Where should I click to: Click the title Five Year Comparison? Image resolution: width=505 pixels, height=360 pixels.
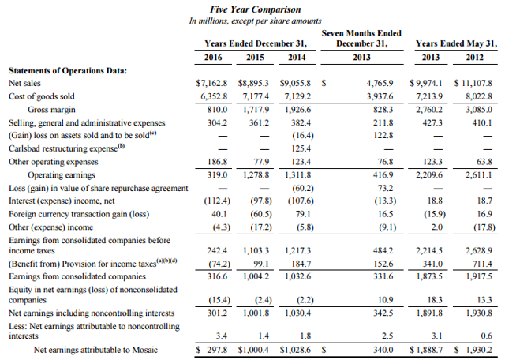point(256,9)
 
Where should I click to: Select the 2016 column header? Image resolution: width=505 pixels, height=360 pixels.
point(213,58)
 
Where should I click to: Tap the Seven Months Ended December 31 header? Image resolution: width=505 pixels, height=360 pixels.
point(361,39)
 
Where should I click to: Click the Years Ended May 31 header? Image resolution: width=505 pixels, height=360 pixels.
point(456,43)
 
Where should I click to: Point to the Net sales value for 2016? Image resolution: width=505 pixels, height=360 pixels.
point(211,83)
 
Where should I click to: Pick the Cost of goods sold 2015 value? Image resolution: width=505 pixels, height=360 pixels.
point(256,96)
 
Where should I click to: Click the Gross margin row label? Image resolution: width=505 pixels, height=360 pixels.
point(51,110)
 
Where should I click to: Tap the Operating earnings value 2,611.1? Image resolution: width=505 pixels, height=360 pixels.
point(479,174)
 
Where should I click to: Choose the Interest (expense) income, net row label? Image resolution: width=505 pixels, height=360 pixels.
point(62,201)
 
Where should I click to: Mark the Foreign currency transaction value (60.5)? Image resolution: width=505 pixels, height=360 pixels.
point(261,214)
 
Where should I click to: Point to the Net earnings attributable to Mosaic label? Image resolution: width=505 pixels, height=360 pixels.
point(96,350)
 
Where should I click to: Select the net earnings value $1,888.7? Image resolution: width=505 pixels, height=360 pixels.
point(426,350)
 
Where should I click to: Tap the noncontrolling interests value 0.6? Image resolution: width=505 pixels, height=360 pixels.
point(486,336)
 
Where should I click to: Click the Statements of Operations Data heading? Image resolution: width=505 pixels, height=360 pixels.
point(68,70)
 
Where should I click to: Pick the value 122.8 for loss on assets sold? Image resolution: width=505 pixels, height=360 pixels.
point(383,135)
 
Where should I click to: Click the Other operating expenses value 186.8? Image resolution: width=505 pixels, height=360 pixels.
point(218,162)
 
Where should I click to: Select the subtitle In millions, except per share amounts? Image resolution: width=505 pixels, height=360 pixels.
point(256,21)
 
